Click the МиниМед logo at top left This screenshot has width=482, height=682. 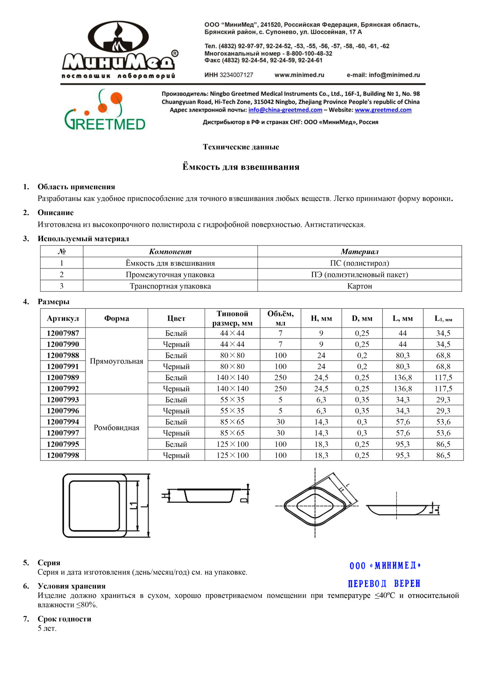[119, 50]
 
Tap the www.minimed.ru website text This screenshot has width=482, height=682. [299, 75]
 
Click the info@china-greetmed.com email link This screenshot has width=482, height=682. [285, 110]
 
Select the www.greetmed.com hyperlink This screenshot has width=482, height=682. [383, 110]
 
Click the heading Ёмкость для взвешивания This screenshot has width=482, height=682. [241, 167]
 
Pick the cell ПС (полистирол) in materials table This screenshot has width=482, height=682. [359, 263]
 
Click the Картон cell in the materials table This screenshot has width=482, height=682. [359, 286]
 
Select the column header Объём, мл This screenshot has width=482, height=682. [280, 318]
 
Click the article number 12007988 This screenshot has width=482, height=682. [63, 355]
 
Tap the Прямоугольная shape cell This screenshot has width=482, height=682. [116, 361]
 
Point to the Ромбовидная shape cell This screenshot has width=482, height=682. [116, 428]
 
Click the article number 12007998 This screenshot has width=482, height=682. [63, 455]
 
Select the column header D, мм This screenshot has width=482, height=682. [362, 318]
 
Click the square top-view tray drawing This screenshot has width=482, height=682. [95, 506]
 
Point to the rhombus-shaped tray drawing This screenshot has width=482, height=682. [315, 506]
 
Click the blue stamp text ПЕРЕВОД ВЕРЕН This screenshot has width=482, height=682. [384, 584]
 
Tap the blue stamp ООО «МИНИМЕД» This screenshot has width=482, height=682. [385, 566]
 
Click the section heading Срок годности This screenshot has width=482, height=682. [64, 619]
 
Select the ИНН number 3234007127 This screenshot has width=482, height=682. [236, 75]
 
